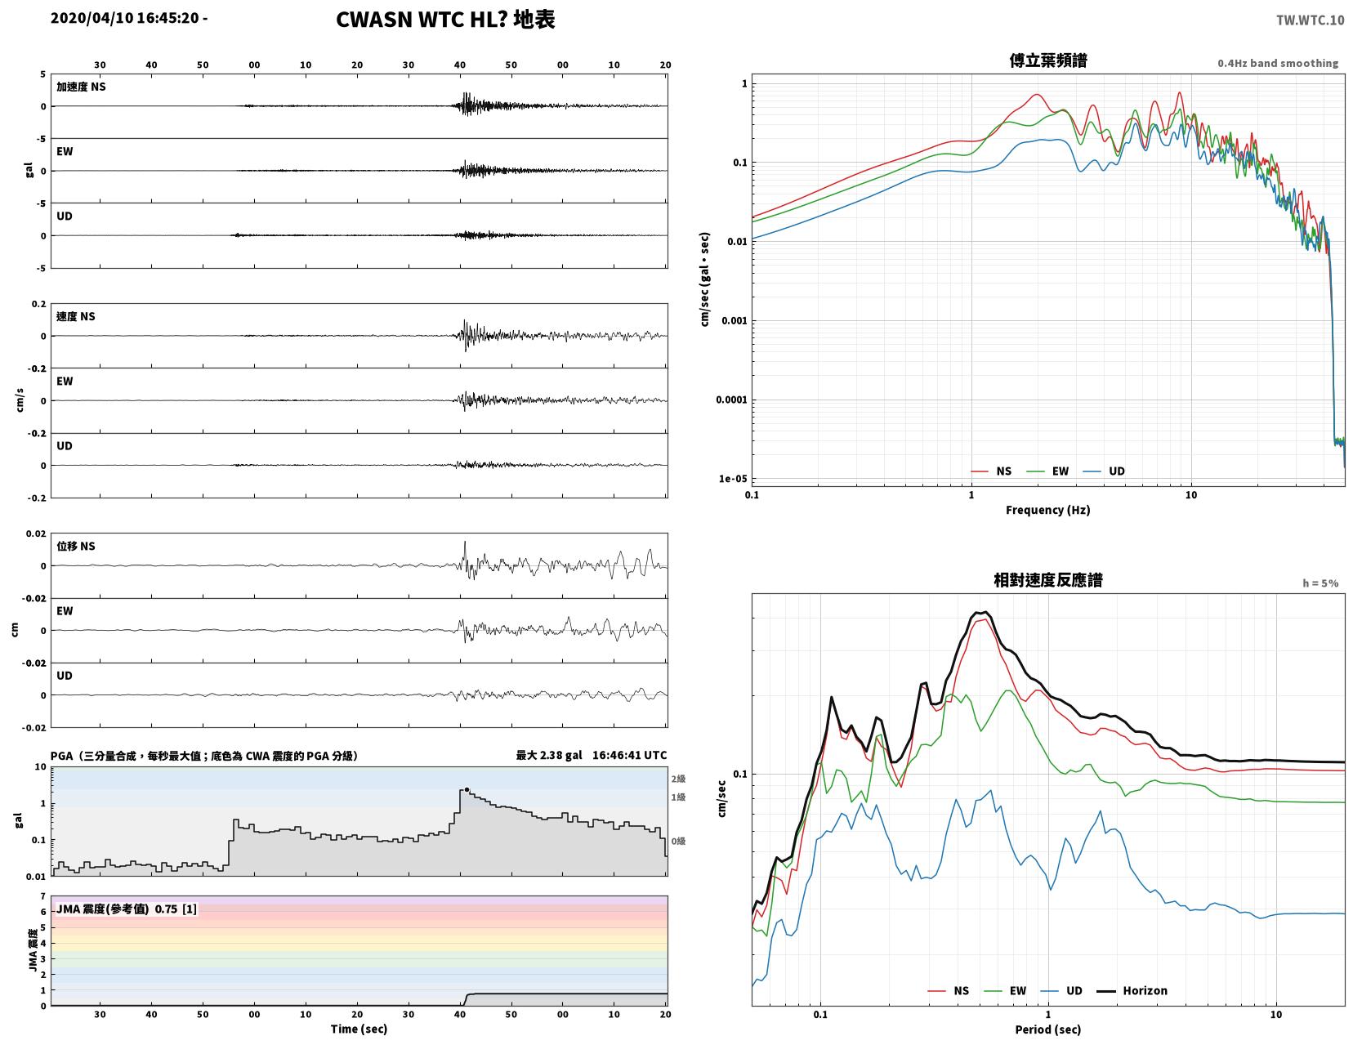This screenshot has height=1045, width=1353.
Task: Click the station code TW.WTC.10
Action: pos(1310,20)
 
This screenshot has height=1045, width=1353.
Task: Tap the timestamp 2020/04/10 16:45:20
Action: pos(124,17)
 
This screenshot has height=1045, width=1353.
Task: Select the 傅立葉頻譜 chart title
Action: pos(1047,60)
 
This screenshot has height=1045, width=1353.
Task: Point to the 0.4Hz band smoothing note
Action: pos(1277,63)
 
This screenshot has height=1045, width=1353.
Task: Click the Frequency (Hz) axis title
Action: pos(1047,510)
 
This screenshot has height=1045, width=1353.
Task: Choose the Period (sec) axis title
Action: pos(1047,1029)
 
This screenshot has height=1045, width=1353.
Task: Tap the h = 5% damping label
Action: pos(1320,583)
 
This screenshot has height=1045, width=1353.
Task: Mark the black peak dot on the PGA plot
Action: pos(467,790)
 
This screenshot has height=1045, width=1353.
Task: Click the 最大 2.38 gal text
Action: pos(548,755)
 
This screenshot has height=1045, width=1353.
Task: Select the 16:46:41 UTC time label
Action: pos(629,755)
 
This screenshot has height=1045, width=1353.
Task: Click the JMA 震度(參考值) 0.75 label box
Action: pos(127,909)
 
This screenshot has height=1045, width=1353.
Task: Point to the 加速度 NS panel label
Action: pos(81,87)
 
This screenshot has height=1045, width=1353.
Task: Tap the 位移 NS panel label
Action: pos(76,546)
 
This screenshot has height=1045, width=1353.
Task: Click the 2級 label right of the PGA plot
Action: pos(678,779)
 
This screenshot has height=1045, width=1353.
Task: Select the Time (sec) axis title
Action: pos(359,1029)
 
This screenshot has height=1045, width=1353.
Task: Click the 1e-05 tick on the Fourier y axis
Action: pos(733,479)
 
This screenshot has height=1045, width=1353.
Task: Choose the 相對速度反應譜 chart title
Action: pos(1047,580)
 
